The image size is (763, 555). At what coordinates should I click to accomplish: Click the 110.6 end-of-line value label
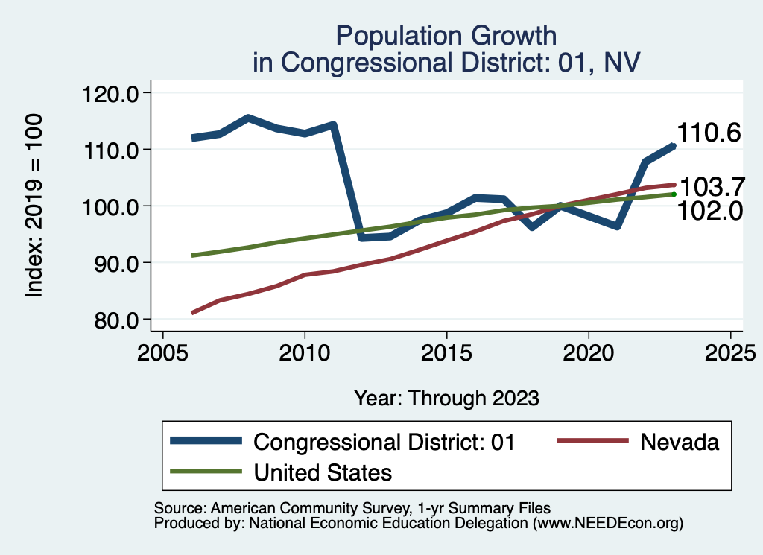point(708,133)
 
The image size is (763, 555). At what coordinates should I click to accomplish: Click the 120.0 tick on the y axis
point(109,93)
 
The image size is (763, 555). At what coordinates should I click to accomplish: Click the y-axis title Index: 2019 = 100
point(34,206)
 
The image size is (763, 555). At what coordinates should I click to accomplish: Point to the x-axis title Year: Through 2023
point(446,398)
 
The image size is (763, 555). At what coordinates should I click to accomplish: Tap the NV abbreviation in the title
point(621,62)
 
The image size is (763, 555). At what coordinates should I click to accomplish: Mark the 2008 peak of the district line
point(247,118)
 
